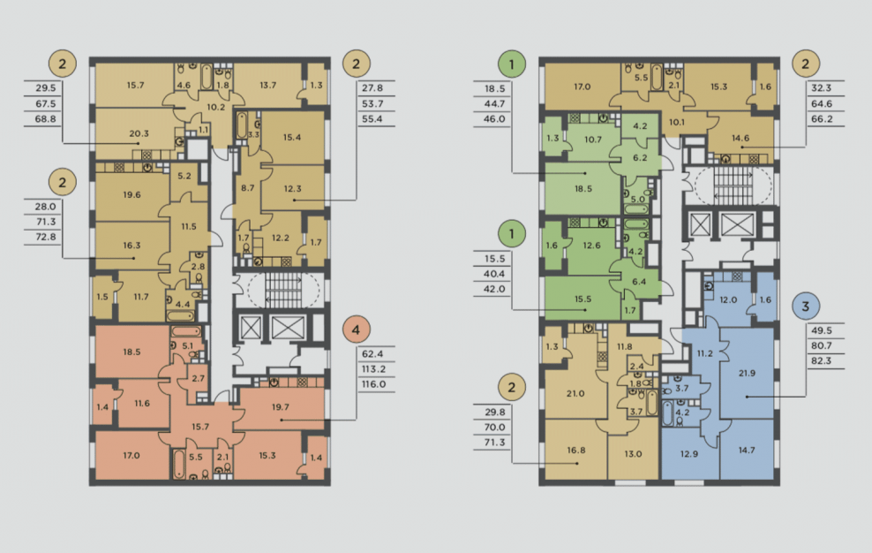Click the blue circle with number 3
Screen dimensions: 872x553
[805, 306]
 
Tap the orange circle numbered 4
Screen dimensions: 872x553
[356, 330]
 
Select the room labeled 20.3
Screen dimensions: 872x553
[139, 133]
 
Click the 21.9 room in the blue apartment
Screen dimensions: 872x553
[747, 373]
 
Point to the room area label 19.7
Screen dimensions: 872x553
[281, 407]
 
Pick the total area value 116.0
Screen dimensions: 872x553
[373, 384]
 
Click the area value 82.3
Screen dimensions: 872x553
[822, 361]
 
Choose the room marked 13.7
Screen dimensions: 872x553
[268, 85]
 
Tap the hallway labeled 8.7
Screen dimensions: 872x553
[247, 188]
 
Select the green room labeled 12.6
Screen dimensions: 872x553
[591, 246]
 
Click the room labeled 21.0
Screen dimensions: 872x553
[575, 394]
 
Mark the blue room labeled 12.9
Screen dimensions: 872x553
[689, 454]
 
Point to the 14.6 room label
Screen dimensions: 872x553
[740, 138]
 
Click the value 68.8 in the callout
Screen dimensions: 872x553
[46, 119]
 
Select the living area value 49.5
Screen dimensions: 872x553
[822, 330]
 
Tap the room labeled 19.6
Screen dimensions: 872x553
[132, 195]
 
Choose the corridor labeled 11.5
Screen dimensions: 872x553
[189, 227]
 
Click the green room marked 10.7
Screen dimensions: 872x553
[593, 140]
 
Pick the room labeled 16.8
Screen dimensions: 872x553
[576, 450]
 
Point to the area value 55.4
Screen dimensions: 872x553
[372, 119]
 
